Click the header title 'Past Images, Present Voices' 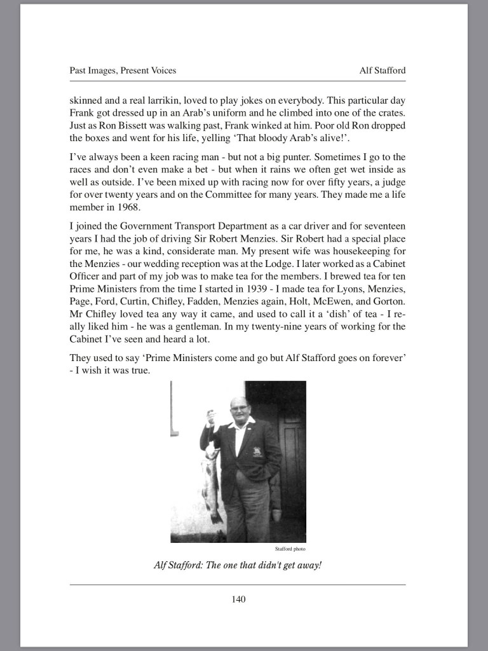click(123, 71)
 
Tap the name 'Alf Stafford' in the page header click(382, 71)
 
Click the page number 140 click(238, 599)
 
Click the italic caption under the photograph click(238, 564)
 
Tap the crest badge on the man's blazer click(257, 451)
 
